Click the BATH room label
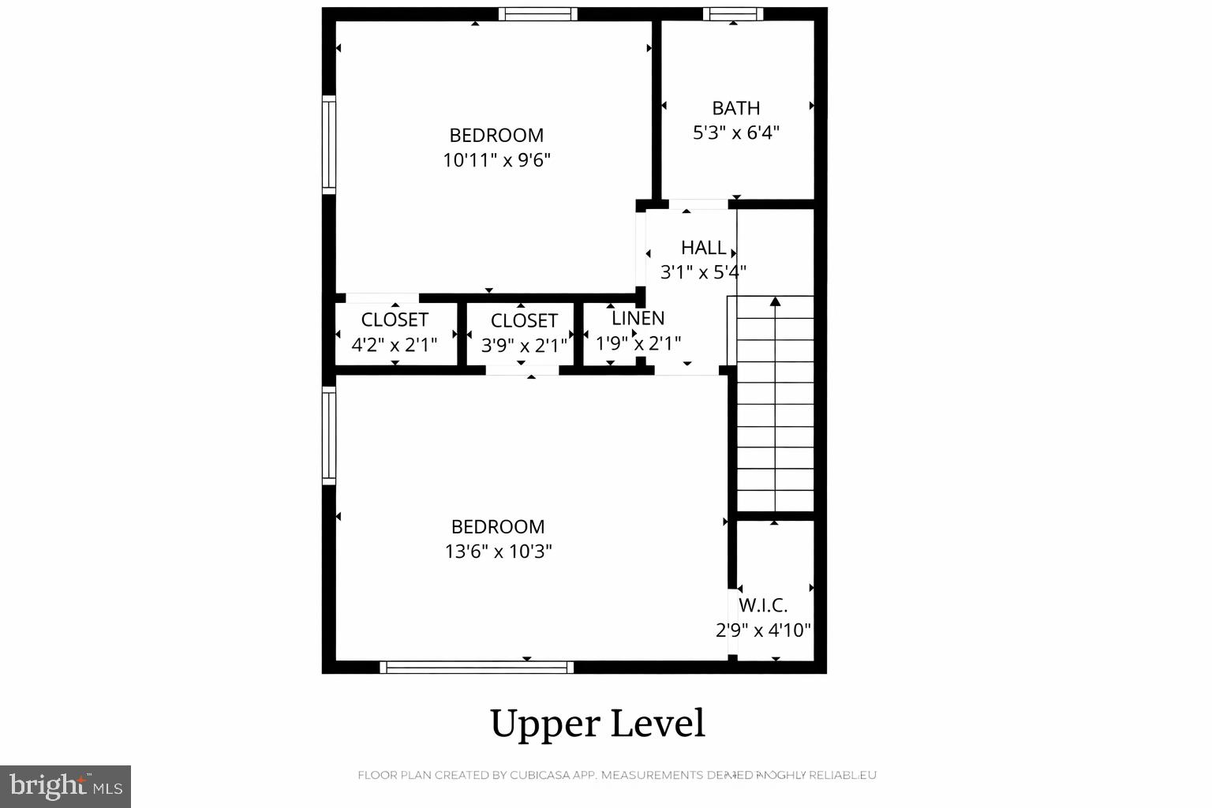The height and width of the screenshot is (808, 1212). (x=735, y=108)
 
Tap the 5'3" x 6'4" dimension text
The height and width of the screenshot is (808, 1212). (x=735, y=133)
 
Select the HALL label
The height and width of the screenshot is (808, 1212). (x=703, y=248)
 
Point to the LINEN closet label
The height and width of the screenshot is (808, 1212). (x=638, y=318)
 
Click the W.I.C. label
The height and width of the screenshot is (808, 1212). (x=763, y=605)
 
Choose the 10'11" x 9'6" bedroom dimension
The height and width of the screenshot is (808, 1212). (x=496, y=160)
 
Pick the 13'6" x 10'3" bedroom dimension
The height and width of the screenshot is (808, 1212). (x=498, y=551)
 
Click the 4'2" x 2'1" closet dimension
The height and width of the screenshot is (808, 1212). (x=394, y=344)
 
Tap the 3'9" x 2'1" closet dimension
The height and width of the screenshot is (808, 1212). (x=524, y=346)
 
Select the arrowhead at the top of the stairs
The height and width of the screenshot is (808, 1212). (x=775, y=301)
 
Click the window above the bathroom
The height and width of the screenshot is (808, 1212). (x=733, y=13)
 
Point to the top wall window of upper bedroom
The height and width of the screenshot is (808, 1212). (x=537, y=13)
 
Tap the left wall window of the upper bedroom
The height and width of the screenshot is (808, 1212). (x=329, y=144)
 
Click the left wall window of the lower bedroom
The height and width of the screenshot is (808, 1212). (x=329, y=435)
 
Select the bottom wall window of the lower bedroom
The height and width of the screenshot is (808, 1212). (x=477, y=668)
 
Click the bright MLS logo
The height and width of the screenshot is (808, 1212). (x=65, y=786)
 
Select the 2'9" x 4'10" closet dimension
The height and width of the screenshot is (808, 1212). (x=763, y=630)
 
